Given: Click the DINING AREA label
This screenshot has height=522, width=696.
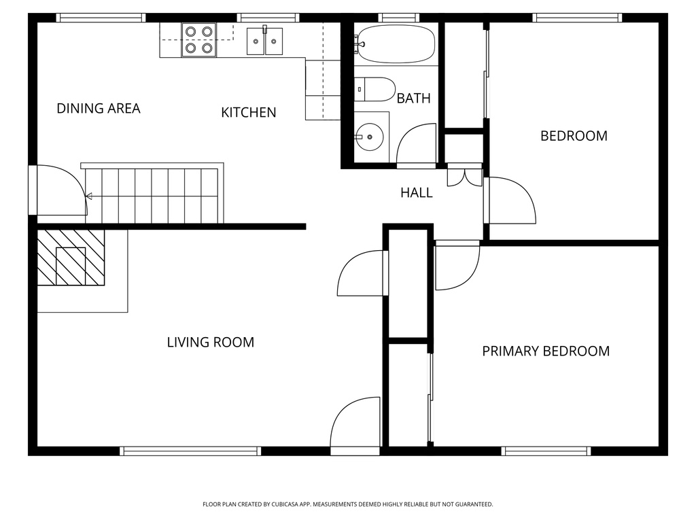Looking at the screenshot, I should (x=99, y=108).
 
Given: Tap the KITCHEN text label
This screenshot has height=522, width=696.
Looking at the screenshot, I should (x=249, y=112).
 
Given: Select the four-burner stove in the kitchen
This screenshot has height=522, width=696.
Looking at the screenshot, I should (x=198, y=39).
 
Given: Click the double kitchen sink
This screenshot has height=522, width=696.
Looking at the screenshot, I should (x=265, y=41).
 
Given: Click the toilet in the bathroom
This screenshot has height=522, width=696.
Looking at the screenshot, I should (x=375, y=89).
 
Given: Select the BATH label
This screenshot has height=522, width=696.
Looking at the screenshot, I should (x=413, y=99).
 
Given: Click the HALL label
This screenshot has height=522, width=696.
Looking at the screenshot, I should (x=416, y=193).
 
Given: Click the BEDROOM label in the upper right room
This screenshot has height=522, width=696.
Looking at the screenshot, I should (x=574, y=136).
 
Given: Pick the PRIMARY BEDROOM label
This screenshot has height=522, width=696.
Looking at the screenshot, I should (x=546, y=351).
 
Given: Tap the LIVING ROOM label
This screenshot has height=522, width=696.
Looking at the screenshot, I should (x=211, y=342).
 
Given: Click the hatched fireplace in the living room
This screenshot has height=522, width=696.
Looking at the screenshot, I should (x=71, y=258).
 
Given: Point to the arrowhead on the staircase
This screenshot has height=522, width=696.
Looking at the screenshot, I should (x=88, y=197).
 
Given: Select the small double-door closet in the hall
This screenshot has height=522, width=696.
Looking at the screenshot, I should (x=465, y=177).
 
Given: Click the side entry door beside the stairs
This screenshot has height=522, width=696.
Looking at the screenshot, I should (x=60, y=190).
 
